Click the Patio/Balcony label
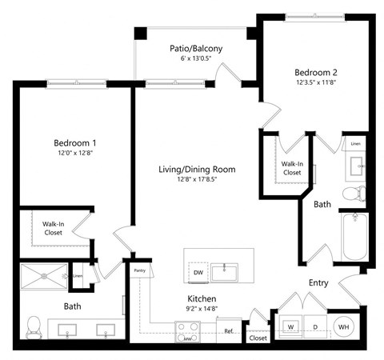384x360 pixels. click(196, 49)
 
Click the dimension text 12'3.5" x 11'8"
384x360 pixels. click(316, 81)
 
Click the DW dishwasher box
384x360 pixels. click(198, 273)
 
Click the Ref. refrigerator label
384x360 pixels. click(228, 330)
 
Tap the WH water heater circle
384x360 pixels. click(344, 326)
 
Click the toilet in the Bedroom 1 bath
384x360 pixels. click(34, 325)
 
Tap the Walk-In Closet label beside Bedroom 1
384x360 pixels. click(48, 228)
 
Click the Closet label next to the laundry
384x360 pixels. click(258, 338)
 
